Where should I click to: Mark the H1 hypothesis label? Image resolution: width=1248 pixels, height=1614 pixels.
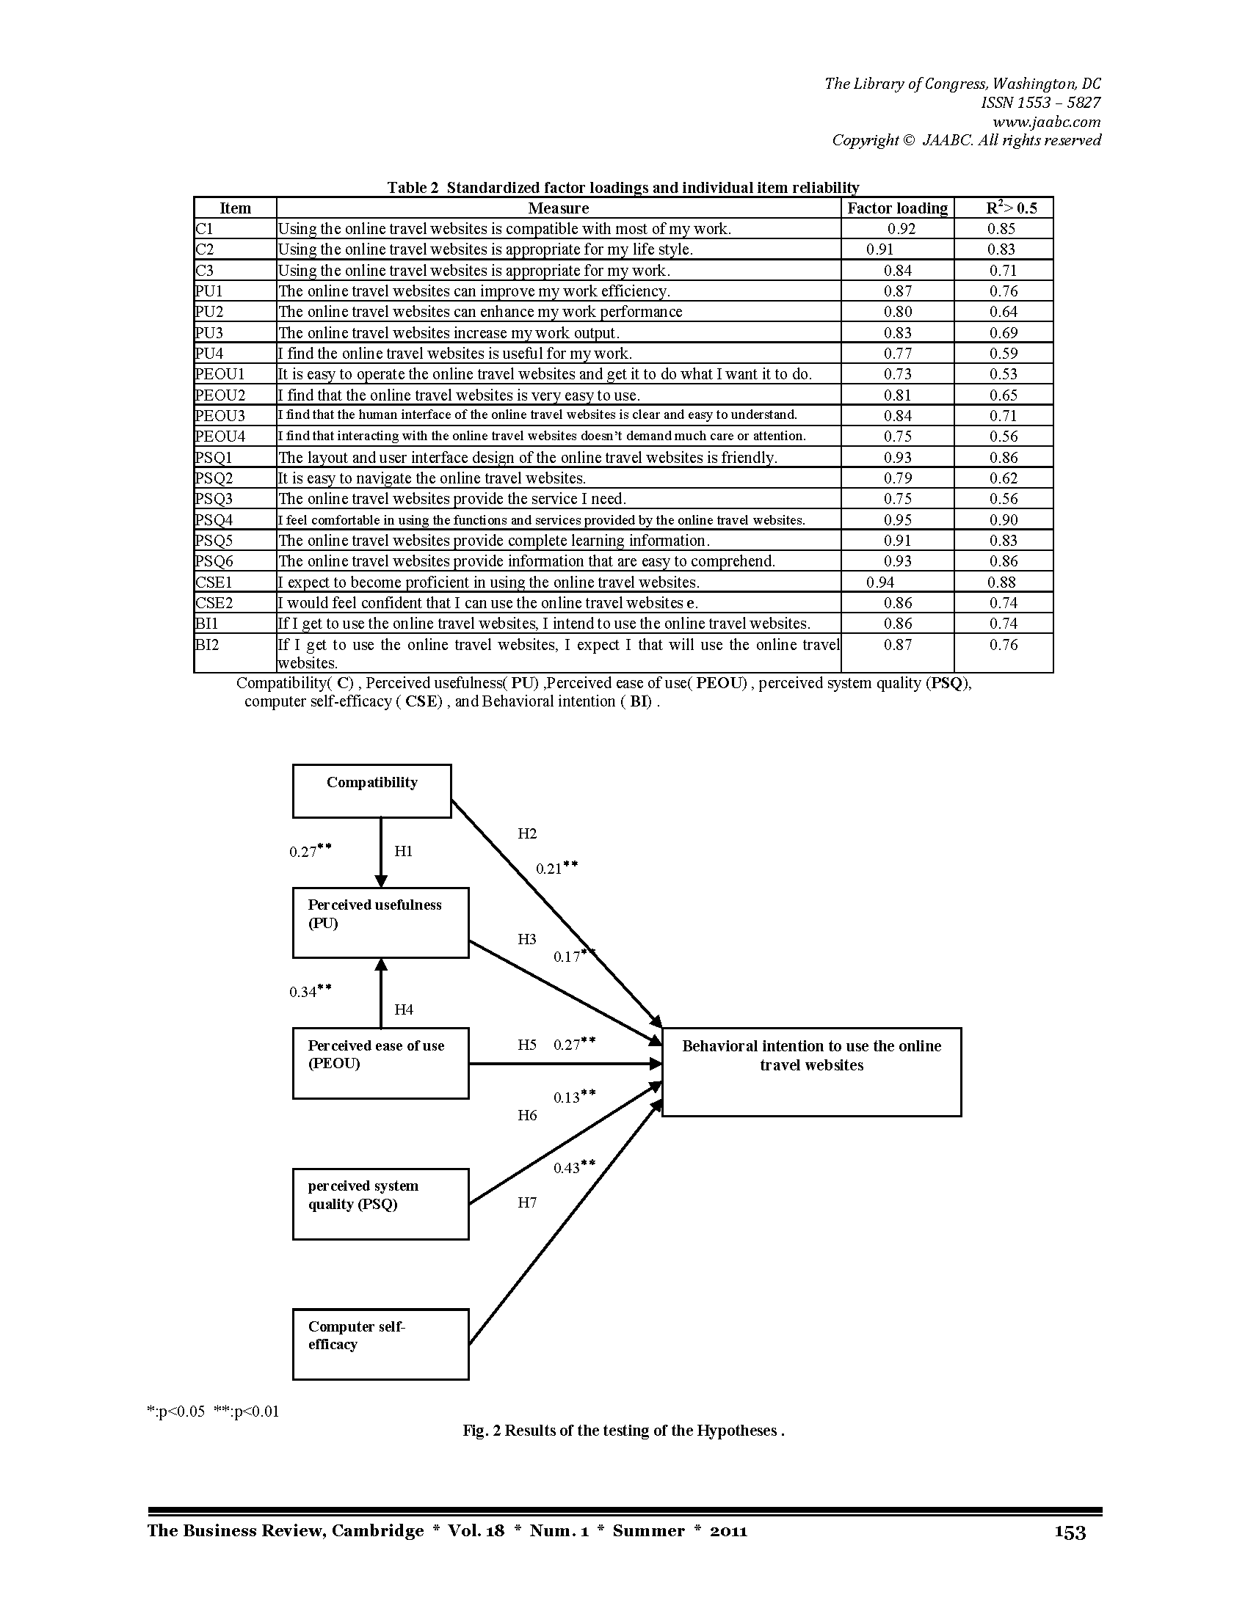point(404,851)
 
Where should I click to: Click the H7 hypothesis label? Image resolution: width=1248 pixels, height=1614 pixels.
point(527,1202)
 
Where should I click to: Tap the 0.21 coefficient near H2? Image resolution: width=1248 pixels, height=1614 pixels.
point(556,868)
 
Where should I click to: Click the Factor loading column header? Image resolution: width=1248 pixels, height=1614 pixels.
point(898,208)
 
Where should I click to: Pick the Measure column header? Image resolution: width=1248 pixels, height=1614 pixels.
point(558,208)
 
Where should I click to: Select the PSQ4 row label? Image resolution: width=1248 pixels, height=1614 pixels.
point(214,520)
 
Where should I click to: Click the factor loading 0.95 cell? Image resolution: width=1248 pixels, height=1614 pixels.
point(898,520)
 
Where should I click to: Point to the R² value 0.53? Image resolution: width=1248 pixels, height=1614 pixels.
point(1004,374)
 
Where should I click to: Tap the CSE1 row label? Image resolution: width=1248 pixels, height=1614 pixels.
point(214,583)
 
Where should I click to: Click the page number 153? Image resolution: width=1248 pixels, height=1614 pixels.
point(1070,1533)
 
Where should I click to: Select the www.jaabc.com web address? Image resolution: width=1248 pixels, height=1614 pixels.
point(1046,122)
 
